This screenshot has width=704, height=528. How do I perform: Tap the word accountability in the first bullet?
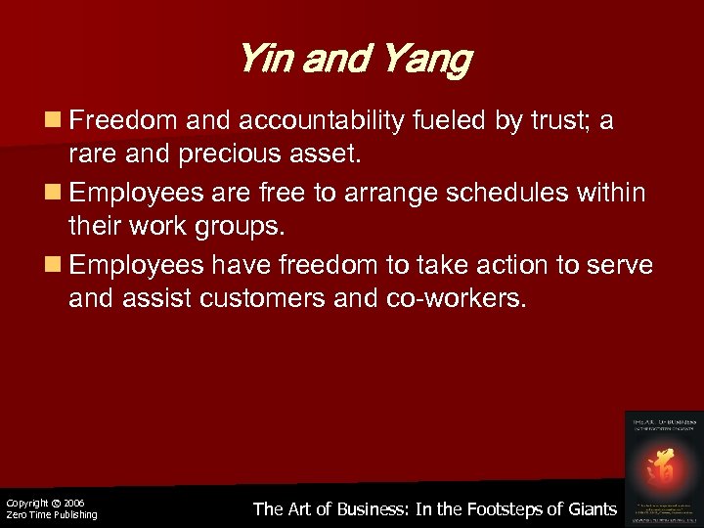(x=320, y=121)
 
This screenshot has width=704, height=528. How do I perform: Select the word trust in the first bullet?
(x=552, y=121)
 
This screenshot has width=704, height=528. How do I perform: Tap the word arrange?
(x=383, y=193)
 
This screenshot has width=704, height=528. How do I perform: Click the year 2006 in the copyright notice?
(x=74, y=503)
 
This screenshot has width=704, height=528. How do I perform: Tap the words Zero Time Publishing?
(x=52, y=515)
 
